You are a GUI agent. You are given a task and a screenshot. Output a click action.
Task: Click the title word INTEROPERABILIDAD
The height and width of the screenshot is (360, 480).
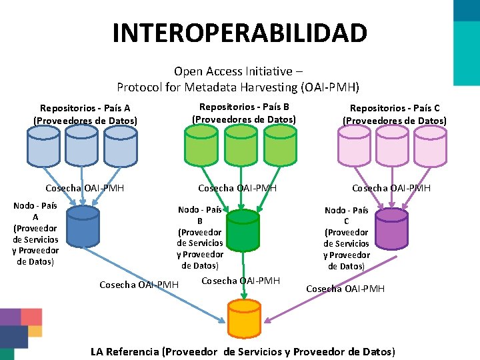[239, 33]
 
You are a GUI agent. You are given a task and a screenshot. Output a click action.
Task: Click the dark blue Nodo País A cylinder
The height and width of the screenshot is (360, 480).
[83, 227]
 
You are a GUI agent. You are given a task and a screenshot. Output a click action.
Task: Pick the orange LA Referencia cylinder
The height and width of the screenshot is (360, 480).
[243, 319]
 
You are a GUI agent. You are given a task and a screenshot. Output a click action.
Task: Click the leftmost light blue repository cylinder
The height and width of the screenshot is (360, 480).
[43, 146]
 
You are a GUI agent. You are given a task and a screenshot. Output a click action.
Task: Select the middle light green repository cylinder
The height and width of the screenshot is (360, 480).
[241, 146]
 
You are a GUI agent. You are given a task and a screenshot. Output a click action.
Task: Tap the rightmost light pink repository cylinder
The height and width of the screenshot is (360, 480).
[431, 146]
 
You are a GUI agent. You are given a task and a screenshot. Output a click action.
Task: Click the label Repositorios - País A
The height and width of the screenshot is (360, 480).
[85, 114]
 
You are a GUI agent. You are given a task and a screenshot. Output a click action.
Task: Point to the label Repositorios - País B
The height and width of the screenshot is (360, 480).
[244, 113]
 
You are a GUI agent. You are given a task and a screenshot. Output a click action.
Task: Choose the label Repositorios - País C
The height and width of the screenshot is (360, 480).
[395, 114]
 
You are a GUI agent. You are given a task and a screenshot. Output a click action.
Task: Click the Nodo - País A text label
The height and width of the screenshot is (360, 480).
[35, 233]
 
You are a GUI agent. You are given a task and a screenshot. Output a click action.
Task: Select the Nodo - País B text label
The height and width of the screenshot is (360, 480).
[200, 237]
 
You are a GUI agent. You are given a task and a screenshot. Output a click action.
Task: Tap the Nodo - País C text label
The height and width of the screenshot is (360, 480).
[347, 238]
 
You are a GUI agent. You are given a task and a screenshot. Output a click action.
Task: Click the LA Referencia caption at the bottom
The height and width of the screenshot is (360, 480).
[243, 351]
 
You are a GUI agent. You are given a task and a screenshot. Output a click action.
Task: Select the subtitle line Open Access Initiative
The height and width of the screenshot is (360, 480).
[238, 71]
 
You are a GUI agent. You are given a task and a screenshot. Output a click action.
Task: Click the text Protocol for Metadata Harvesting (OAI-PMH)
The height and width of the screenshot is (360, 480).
[238, 87]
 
